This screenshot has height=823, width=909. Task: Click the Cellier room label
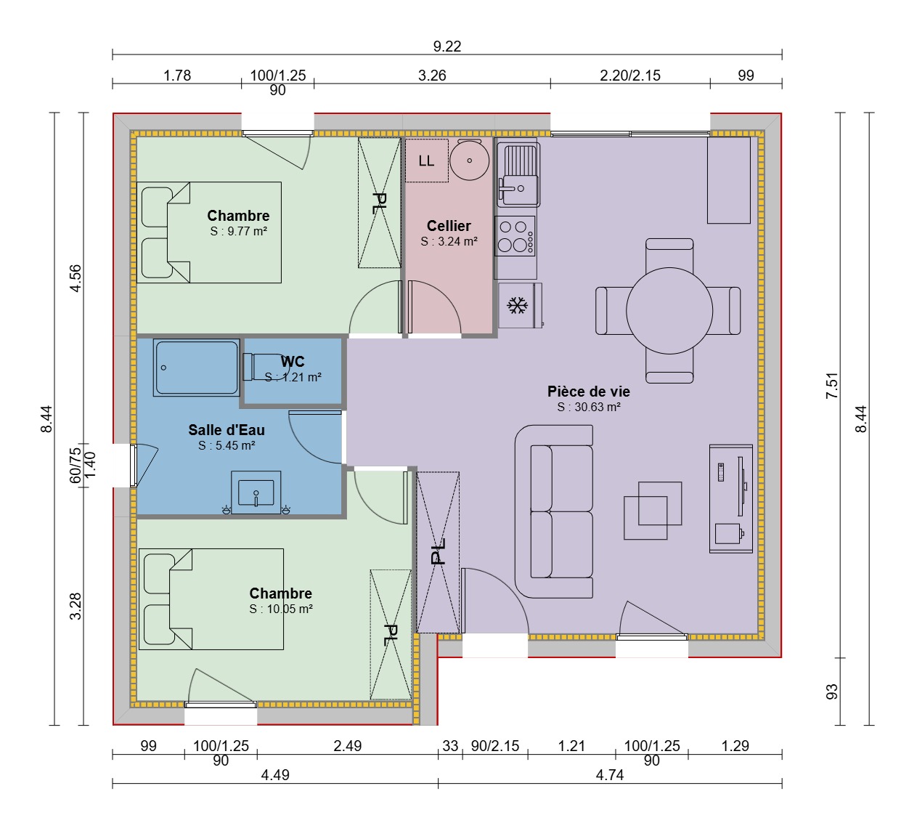(449, 225)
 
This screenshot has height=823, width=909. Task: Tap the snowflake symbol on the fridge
(517, 306)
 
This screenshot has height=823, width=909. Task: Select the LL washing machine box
(426, 161)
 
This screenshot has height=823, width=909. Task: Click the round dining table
(669, 311)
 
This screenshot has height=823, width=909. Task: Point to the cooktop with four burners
(515, 236)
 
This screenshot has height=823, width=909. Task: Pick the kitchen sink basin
(518, 174)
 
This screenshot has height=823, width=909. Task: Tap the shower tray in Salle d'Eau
(196, 368)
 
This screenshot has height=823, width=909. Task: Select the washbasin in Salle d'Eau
(256, 492)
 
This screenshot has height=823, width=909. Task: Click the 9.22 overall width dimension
(447, 46)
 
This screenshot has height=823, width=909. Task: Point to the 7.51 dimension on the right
(832, 386)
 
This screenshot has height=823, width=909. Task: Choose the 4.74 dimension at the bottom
(609, 775)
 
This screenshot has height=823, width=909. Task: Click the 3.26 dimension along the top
(432, 76)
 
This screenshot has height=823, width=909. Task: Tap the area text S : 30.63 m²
(589, 408)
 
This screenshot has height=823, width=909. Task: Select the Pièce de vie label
(589, 391)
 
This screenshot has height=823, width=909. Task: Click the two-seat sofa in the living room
(554, 511)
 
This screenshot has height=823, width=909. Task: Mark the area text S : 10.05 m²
(281, 609)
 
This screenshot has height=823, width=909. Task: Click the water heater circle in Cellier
(470, 160)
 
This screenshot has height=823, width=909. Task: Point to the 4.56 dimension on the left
(76, 278)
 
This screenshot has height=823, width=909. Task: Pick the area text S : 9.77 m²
(238, 231)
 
